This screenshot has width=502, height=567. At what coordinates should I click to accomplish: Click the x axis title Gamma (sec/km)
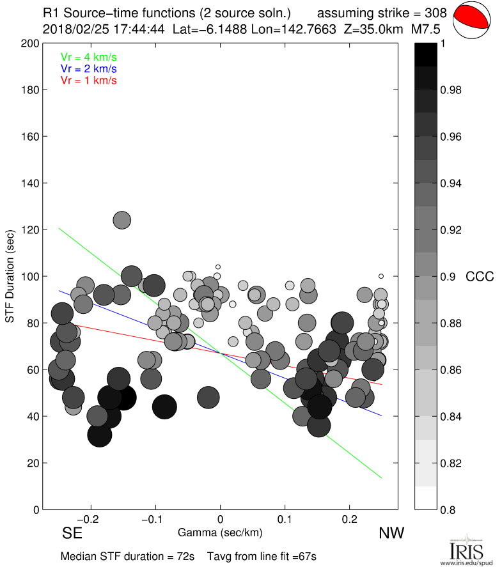coord(220,532)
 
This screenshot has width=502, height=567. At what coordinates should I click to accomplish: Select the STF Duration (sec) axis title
coord(10,276)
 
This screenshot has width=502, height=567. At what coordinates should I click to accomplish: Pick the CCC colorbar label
coord(480,276)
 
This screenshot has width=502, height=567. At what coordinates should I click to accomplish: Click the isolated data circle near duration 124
coord(122,220)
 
